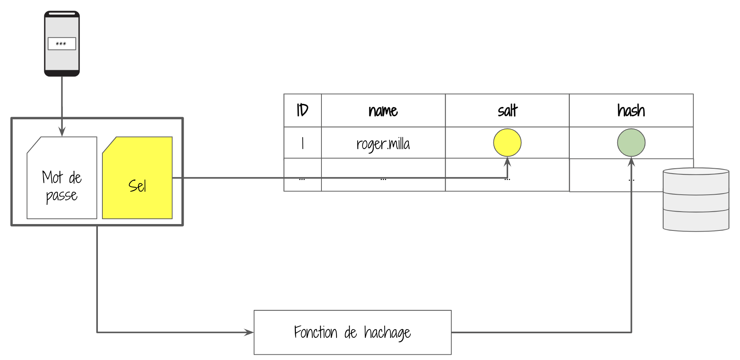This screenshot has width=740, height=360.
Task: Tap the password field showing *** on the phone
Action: pos(62,44)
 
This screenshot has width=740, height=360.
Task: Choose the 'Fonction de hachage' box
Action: pos(352,332)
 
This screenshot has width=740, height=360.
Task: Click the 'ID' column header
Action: pos(302,110)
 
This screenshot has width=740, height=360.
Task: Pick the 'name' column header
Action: pos(383,110)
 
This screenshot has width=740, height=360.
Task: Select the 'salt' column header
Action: pos(507,110)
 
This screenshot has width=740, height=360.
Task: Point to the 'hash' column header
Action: pos(631,110)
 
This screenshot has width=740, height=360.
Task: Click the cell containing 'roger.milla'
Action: pos(383,143)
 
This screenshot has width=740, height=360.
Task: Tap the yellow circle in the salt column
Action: pos(507,143)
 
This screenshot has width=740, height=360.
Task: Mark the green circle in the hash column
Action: pos(631,143)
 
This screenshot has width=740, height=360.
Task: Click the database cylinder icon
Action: pos(696,199)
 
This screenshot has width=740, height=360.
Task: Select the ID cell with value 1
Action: pos(302,143)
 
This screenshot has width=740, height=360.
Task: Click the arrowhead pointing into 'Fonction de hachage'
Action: pos(249,332)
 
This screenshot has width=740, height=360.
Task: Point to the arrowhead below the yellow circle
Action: pos(507,162)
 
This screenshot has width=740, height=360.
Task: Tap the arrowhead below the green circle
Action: pos(631,162)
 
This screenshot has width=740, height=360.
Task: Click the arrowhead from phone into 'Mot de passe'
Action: pos(62,132)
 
